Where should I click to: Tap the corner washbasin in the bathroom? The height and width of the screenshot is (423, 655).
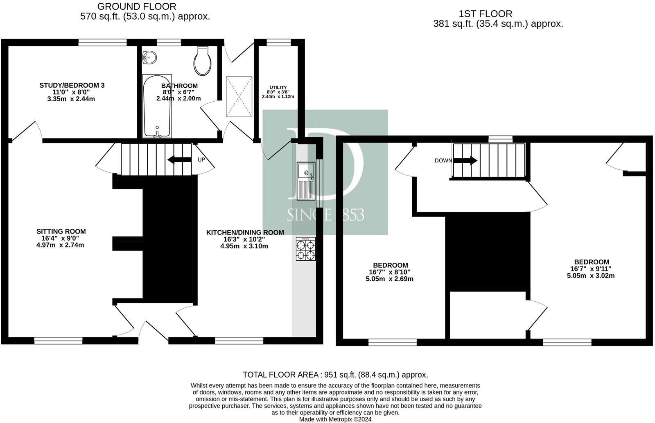[150, 57]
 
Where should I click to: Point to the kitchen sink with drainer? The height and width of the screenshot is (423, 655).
[306, 180]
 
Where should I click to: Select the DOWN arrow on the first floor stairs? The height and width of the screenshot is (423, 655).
[465, 160]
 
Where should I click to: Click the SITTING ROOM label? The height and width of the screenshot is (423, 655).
[61, 232]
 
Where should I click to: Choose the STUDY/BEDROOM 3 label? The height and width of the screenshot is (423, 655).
[72, 85]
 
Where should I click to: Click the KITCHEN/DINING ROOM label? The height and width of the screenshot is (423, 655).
[245, 232]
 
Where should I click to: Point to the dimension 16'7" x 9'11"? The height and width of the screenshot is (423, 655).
[591, 269]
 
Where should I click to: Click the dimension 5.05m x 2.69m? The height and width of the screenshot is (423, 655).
[389, 279]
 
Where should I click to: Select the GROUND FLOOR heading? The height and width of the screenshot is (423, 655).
[137, 7]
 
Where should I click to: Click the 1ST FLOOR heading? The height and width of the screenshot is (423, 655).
[486, 14]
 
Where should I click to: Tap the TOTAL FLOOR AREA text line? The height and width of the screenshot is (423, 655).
[335, 375]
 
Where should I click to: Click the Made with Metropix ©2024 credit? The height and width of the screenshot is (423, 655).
[335, 419]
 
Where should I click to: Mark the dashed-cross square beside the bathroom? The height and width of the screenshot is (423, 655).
[238, 96]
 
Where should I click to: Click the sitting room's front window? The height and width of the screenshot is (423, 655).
[58, 340]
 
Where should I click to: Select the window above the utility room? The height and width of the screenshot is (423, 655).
[279, 42]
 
